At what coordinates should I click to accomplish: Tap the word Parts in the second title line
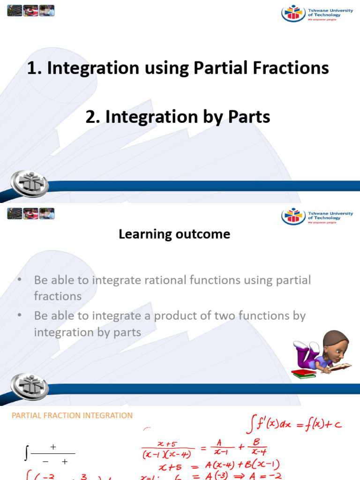coord(247,117)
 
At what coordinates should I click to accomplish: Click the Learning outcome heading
coord(174,234)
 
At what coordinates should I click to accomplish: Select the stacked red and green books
coord(305,373)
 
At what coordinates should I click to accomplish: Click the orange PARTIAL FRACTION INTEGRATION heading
coord(72,415)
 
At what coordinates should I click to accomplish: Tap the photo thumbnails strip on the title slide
coord(30,10)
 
